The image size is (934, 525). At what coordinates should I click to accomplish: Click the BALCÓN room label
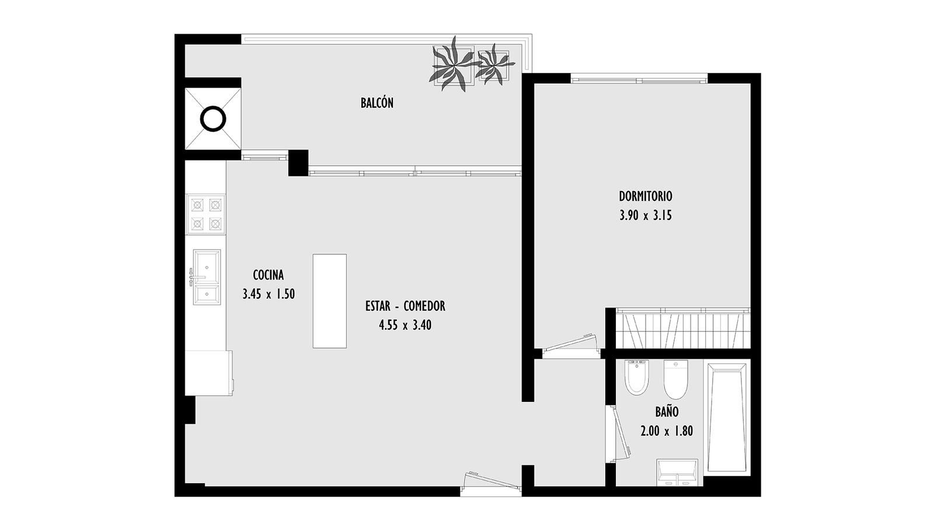(377, 103)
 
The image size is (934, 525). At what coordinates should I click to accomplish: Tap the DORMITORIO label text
(646, 196)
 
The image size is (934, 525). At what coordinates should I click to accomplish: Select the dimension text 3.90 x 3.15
(646, 215)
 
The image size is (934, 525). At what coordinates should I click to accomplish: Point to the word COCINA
(269, 275)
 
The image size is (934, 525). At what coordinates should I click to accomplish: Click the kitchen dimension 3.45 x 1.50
(269, 294)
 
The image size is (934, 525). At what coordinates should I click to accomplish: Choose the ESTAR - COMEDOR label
(405, 306)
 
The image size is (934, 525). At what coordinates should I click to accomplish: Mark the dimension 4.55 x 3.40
(405, 325)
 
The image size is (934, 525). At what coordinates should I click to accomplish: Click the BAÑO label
(667, 412)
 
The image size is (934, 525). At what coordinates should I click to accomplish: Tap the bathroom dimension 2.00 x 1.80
(667, 431)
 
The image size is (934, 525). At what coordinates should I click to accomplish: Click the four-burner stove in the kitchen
(206, 215)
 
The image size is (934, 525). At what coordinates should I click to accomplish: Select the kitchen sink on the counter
(206, 277)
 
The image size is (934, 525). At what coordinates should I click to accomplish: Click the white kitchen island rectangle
(330, 301)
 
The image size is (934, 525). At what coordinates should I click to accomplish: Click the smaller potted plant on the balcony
(494, 65)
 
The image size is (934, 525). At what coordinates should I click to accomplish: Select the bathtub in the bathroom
(727, 418)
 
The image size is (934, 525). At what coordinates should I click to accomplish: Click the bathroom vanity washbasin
(677, 473)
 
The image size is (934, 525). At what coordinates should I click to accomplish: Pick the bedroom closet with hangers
(683, 329)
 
